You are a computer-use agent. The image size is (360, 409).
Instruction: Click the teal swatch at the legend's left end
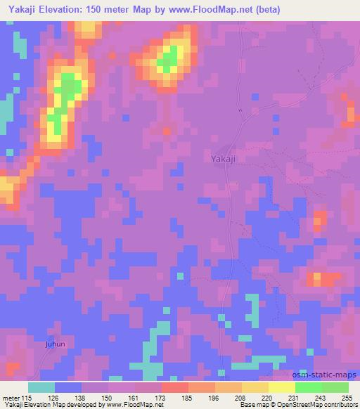(41, 387)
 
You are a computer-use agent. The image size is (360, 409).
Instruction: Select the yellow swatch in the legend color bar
(281, 387)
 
